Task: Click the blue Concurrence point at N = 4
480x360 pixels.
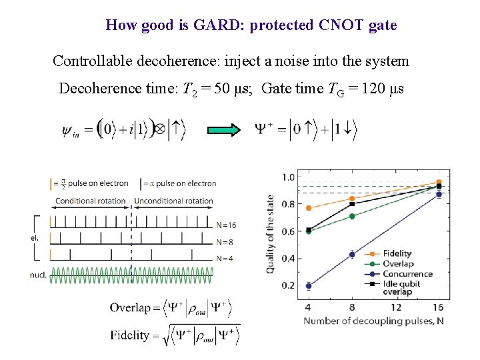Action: point(308,285)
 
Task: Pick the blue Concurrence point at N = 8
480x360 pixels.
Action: point(351,254)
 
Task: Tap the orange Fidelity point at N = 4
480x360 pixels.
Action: point(308,208)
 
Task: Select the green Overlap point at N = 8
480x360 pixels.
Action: point(351,216)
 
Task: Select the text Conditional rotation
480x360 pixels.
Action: point(90,201)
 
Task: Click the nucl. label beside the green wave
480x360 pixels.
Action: point(39,275)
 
